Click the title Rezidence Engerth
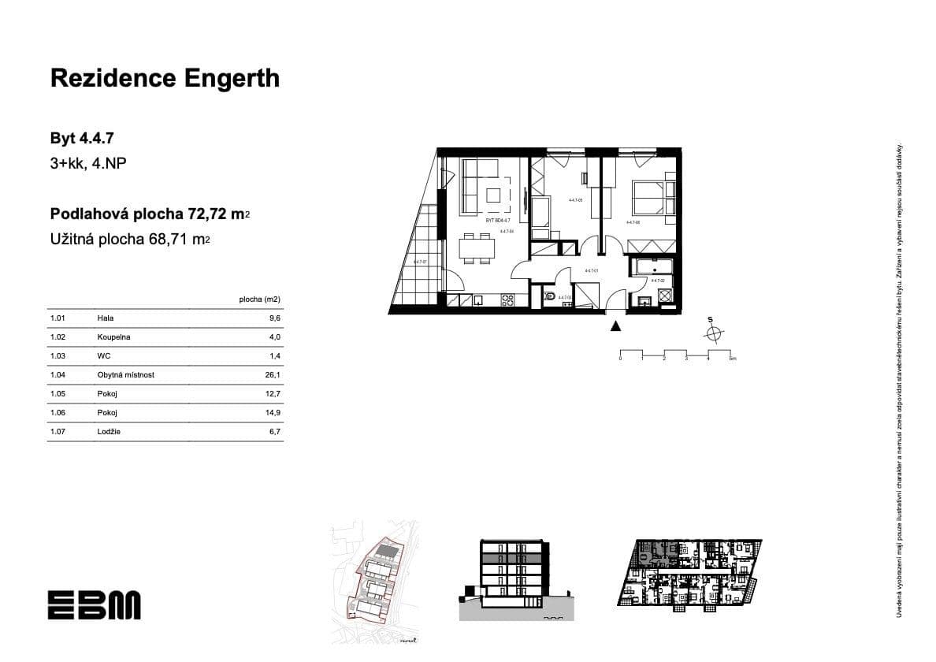click(165, 78)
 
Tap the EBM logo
click(94, 604)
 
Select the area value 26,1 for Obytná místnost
click(273, 375)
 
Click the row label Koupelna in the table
click(114, 337)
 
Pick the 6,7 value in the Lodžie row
click(274, 432)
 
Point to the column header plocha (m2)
click(259, 299)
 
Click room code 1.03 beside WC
click(57, 356)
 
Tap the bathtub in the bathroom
click(651, 266)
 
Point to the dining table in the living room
click(477, 248)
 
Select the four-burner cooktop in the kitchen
click(507, 299)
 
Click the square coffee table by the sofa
click(496, 195)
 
